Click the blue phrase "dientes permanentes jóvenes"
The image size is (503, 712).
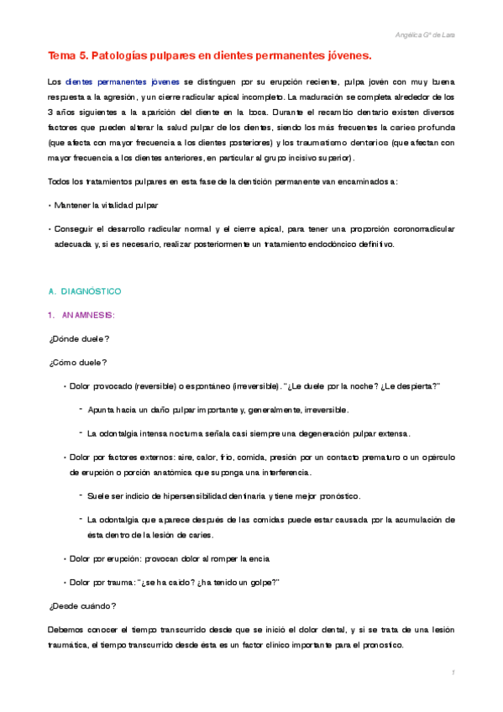(x=118, y=83)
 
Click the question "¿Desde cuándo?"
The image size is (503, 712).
(x=81, y=605)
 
